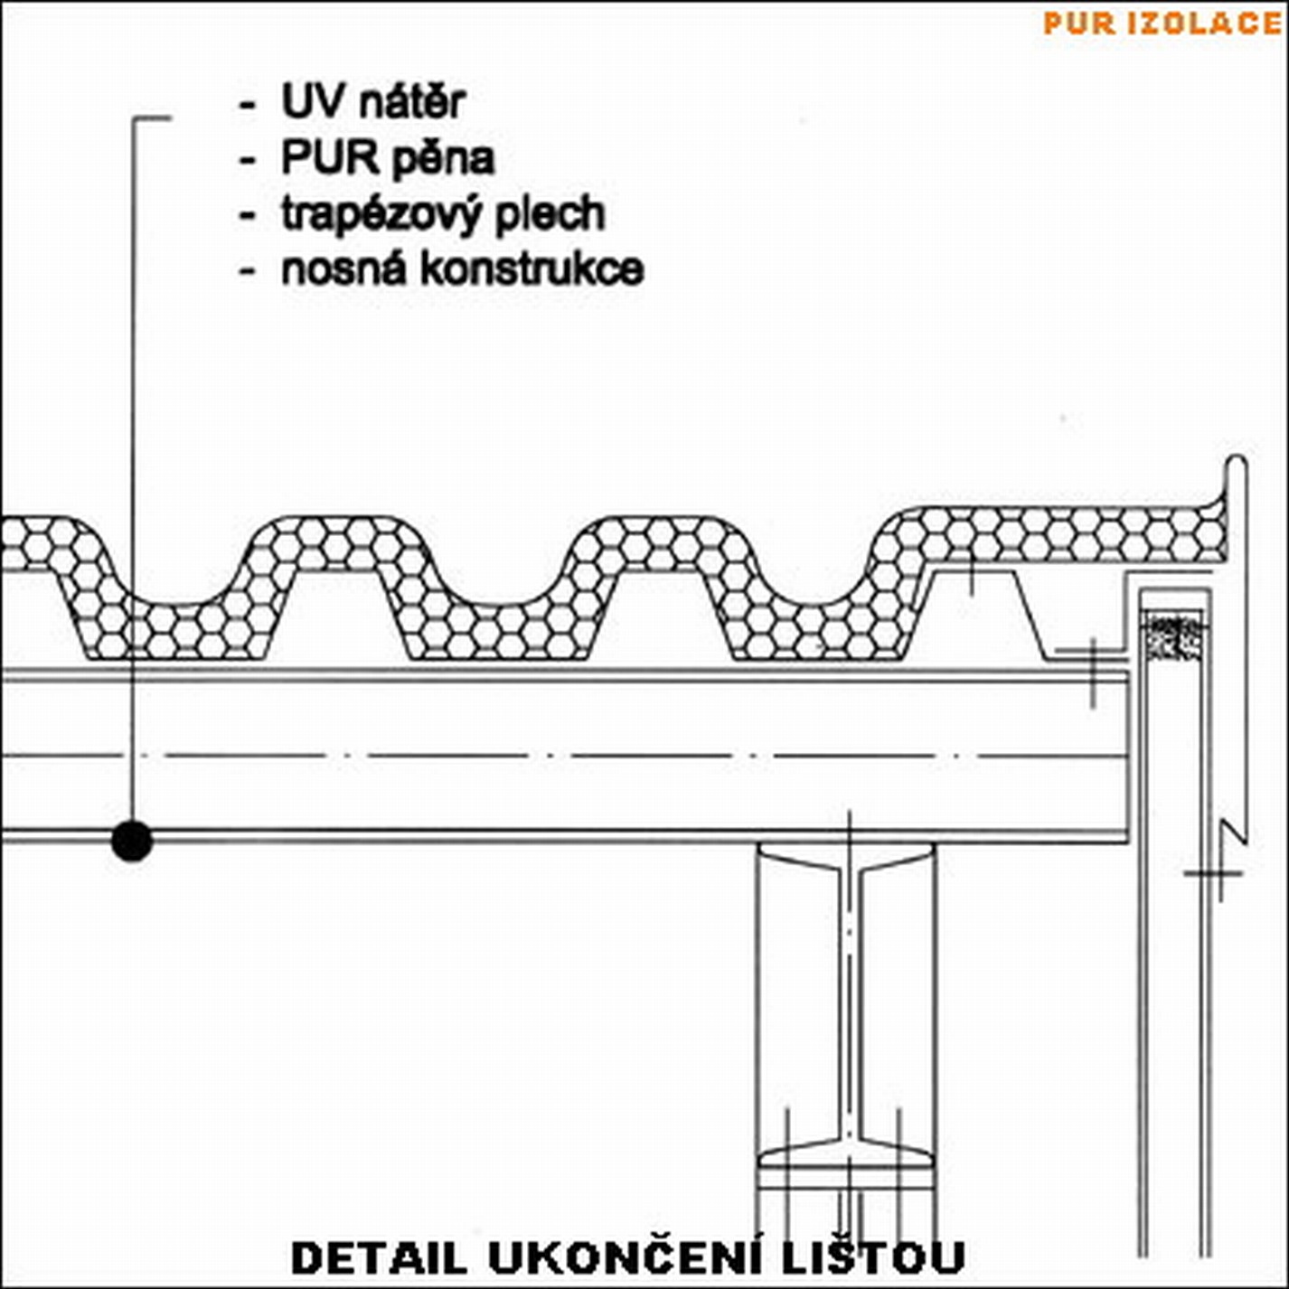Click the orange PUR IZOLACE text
pos(1162,23)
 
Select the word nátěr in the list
pos(412,101)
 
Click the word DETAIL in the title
pos(379,1257)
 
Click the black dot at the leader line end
pos(132,842)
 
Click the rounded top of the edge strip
pos(1237,466)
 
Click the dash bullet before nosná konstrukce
pos(246,271)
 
